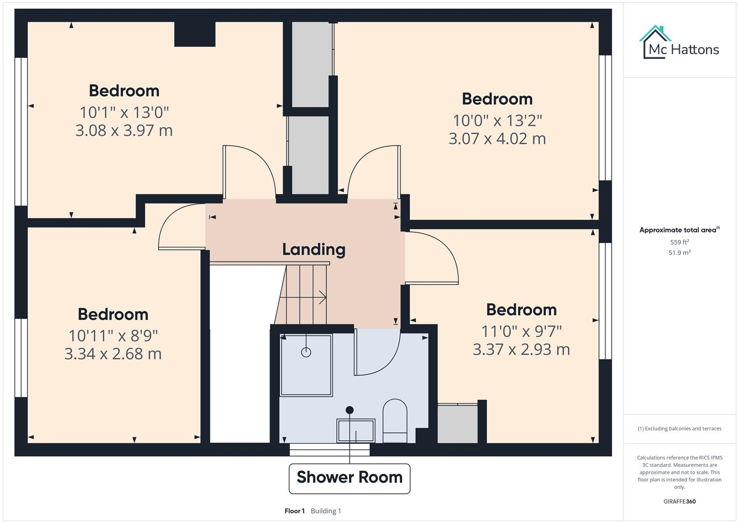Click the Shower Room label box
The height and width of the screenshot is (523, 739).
349,478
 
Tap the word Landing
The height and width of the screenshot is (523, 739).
314,249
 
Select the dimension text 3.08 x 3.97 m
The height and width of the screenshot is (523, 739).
124,131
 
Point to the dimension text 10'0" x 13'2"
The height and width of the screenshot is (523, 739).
497,120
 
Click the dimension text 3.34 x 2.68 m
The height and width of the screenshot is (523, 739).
113,354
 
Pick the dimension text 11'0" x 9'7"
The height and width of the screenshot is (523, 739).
521,331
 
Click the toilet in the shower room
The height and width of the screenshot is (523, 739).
395,420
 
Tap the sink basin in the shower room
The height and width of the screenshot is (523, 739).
356,431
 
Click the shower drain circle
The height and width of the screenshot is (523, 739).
306,353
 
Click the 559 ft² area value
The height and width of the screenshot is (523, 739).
679,242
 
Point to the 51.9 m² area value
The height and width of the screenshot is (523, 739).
679,253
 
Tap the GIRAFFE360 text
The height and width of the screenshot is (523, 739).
679,501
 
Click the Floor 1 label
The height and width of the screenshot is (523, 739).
294,511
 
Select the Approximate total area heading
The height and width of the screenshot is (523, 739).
679,230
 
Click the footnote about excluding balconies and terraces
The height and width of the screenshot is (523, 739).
679,429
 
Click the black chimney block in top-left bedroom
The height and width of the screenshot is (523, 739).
195,34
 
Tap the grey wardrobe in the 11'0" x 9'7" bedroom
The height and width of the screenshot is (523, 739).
457,424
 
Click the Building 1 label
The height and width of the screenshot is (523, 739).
326,511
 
